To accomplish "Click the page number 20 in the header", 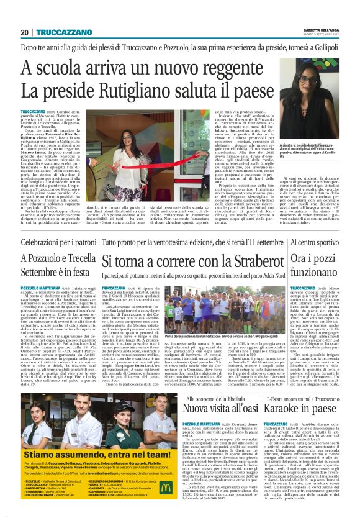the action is coord(25,32).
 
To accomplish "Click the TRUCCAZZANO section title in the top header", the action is coord(60,32).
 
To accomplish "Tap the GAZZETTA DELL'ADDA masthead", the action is coord(318,29).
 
